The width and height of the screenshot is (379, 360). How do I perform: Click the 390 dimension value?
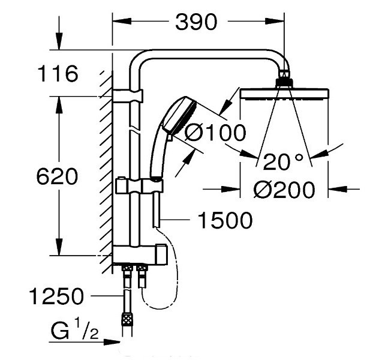pyautogui.click(x=196, y=22)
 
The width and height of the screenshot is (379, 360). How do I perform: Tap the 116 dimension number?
pyautogui.click(x=58, y=73)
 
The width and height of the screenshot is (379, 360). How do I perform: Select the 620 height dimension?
pyautogui.click(x=58, y=176)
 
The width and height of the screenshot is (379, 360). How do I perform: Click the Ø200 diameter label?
pyautogui.click(x=284, y=190)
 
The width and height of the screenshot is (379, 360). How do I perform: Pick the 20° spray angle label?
pyautogui.click(x=283, y=161)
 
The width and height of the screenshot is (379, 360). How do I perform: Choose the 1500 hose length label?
pyautogui.click(x=225, y=220)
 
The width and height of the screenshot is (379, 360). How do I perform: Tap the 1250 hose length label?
pyautogui.click(x=56, y=296)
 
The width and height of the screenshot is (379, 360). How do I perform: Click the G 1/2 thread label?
pyautogui.click(x=74, y=329)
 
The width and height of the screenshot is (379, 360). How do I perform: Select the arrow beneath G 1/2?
pyautogui.click(x=85, y=342)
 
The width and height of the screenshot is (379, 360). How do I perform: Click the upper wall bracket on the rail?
pyautogui.click(x=128, y=96)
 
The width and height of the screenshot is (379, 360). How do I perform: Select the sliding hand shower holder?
pyautogui.click(x=139, y=186)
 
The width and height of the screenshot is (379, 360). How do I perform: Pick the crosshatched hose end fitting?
pyautogui.click(x=127, y=319)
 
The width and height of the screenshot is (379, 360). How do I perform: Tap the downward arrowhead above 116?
pyautogui.click(x=59, y=41)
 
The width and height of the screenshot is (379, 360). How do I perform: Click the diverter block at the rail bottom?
pyautogui.click(x=140, y=255)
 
